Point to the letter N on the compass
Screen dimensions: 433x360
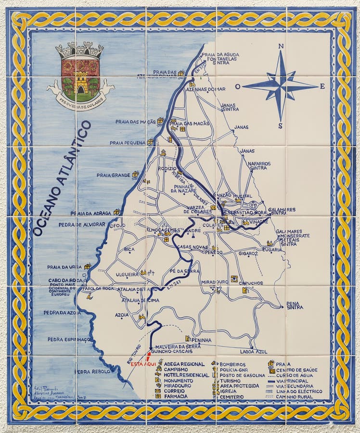click(x=281, y=47)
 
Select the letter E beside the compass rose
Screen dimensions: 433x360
click(x=322, y=87)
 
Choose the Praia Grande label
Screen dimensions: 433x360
click(x=113, y=175)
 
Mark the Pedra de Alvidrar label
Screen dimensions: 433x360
click(x=82, y=224)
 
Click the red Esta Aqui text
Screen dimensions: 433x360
click(x=142, y=364)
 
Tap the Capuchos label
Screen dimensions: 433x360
click(x=251, y=283)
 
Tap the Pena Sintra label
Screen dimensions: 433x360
click(x=294, y=306)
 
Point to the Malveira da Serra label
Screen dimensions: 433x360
click(x=177, y=346)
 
